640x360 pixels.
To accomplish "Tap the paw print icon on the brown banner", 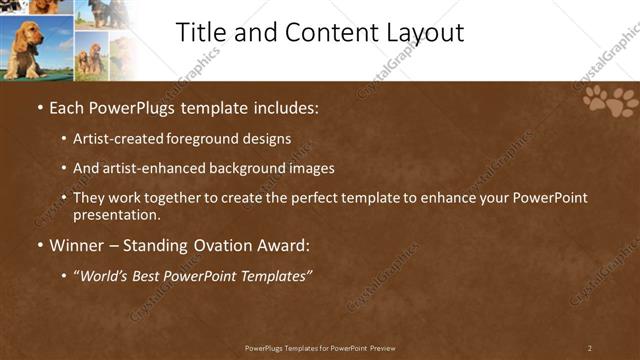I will [x=611, y=101].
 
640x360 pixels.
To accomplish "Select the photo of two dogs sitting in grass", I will [x=90, y=56].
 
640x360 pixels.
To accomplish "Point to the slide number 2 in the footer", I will [x=590, y=348].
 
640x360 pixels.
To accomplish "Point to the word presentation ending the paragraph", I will [x=116, y=214].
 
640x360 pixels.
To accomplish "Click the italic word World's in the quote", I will [x=103, y=276].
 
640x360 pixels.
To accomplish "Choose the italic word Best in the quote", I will [x=148, y=276].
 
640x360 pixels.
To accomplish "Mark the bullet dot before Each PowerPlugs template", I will [x=39, y=107].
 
